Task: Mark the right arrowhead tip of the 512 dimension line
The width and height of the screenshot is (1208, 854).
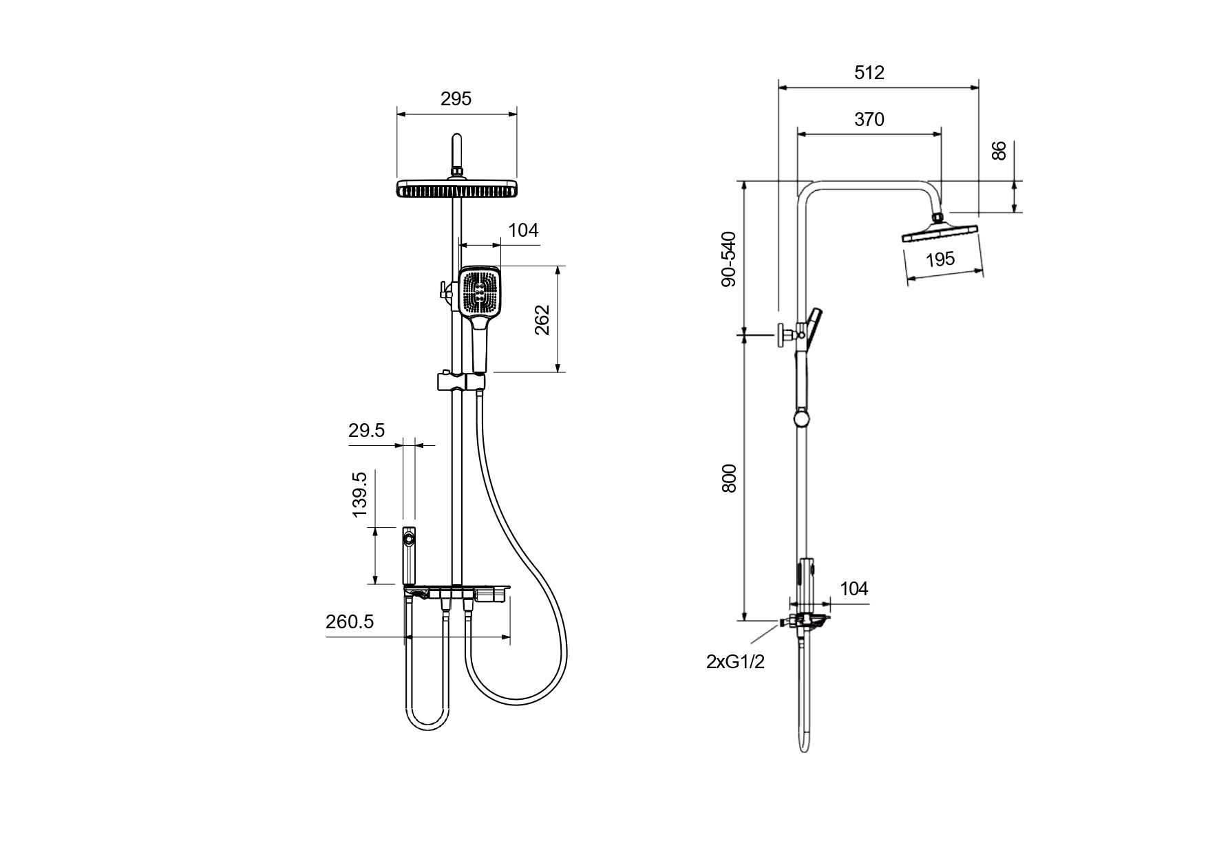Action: pos(979,87)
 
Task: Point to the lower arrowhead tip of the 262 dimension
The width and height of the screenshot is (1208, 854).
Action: pos(558,372)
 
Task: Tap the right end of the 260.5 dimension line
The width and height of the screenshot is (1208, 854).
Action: pos(511,637)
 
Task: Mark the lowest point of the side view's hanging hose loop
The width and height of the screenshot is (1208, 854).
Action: pos(804,752)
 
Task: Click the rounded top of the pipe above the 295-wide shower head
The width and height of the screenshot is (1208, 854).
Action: pos(457,134)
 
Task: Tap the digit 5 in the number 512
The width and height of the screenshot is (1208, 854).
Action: pos(860,72)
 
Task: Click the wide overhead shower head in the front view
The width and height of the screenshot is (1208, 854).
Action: pos(456,189)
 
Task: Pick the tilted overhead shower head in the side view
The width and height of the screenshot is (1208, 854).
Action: pos(940,231)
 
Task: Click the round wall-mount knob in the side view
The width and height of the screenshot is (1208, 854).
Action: pos(783,335)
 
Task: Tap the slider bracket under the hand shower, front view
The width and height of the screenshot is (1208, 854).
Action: pos(460,381)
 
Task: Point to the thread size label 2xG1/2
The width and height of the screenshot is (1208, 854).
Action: pos(735,661)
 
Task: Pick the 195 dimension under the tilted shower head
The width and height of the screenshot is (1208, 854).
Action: pos(940,259)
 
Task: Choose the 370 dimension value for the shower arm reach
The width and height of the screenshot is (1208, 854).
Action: pos(869,119)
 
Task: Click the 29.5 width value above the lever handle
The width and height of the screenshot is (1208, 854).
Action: pos(366,431)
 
